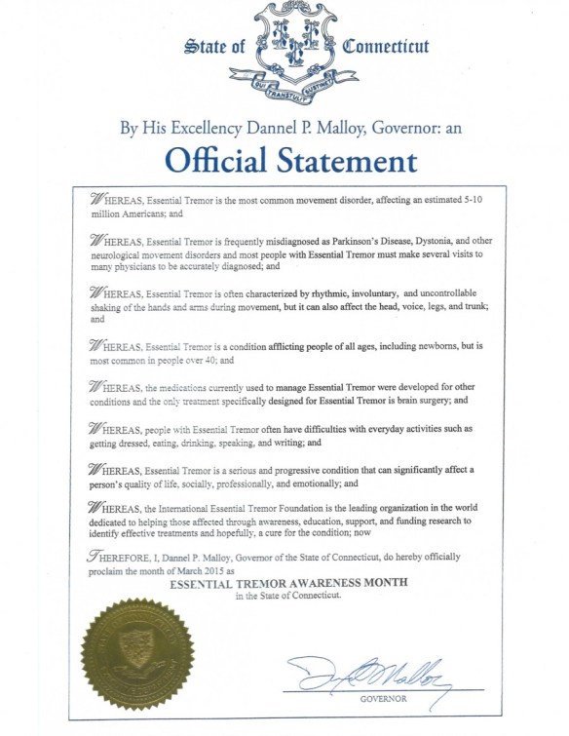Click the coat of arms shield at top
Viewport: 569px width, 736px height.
tap(283, 44)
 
